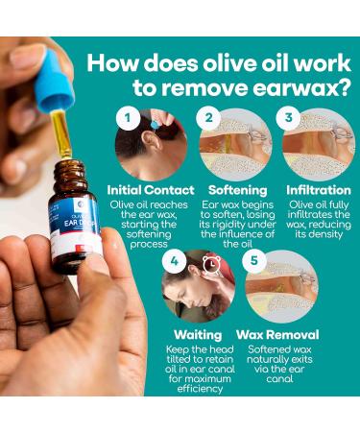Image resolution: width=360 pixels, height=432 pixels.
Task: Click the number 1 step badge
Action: coord(124,120)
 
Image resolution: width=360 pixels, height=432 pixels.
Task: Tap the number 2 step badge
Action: coord(205,120)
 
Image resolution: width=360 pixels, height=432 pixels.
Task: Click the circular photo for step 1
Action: coord(152,144)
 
